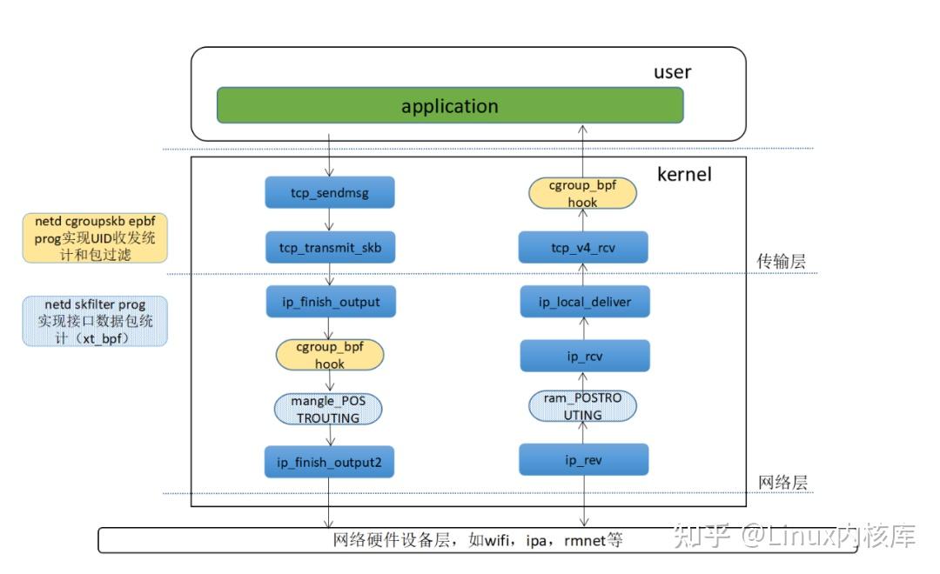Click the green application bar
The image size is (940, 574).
click(x=449, y=105)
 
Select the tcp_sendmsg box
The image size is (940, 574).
click(x=329, y=192)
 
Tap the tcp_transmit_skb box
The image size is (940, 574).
click(x=329, y=247)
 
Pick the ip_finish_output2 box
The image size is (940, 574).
click(x=329, y=462)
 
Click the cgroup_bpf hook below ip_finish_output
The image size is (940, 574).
click(x=329, y=355)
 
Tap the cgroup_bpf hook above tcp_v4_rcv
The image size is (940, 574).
click(x=582, y=193)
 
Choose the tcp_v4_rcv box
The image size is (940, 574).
click(x=583, y=247)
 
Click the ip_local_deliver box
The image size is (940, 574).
click(x=584, y=302)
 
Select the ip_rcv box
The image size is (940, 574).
click(x=584, y=356)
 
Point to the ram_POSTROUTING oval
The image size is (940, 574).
click(x=582, y=406)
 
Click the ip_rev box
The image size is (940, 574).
click(x=583, y=459)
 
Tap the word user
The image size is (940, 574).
click(x=672, y=72)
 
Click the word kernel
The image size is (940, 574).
click(x=684, y=175)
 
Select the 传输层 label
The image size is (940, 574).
click(x=782, y=260)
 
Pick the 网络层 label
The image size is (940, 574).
click(x=782, y=483)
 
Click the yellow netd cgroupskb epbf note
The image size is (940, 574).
click(x=96, y=237)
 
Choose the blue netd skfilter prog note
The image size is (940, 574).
click(x=96, y=321)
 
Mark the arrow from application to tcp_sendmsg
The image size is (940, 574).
click(x=329, y=153)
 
